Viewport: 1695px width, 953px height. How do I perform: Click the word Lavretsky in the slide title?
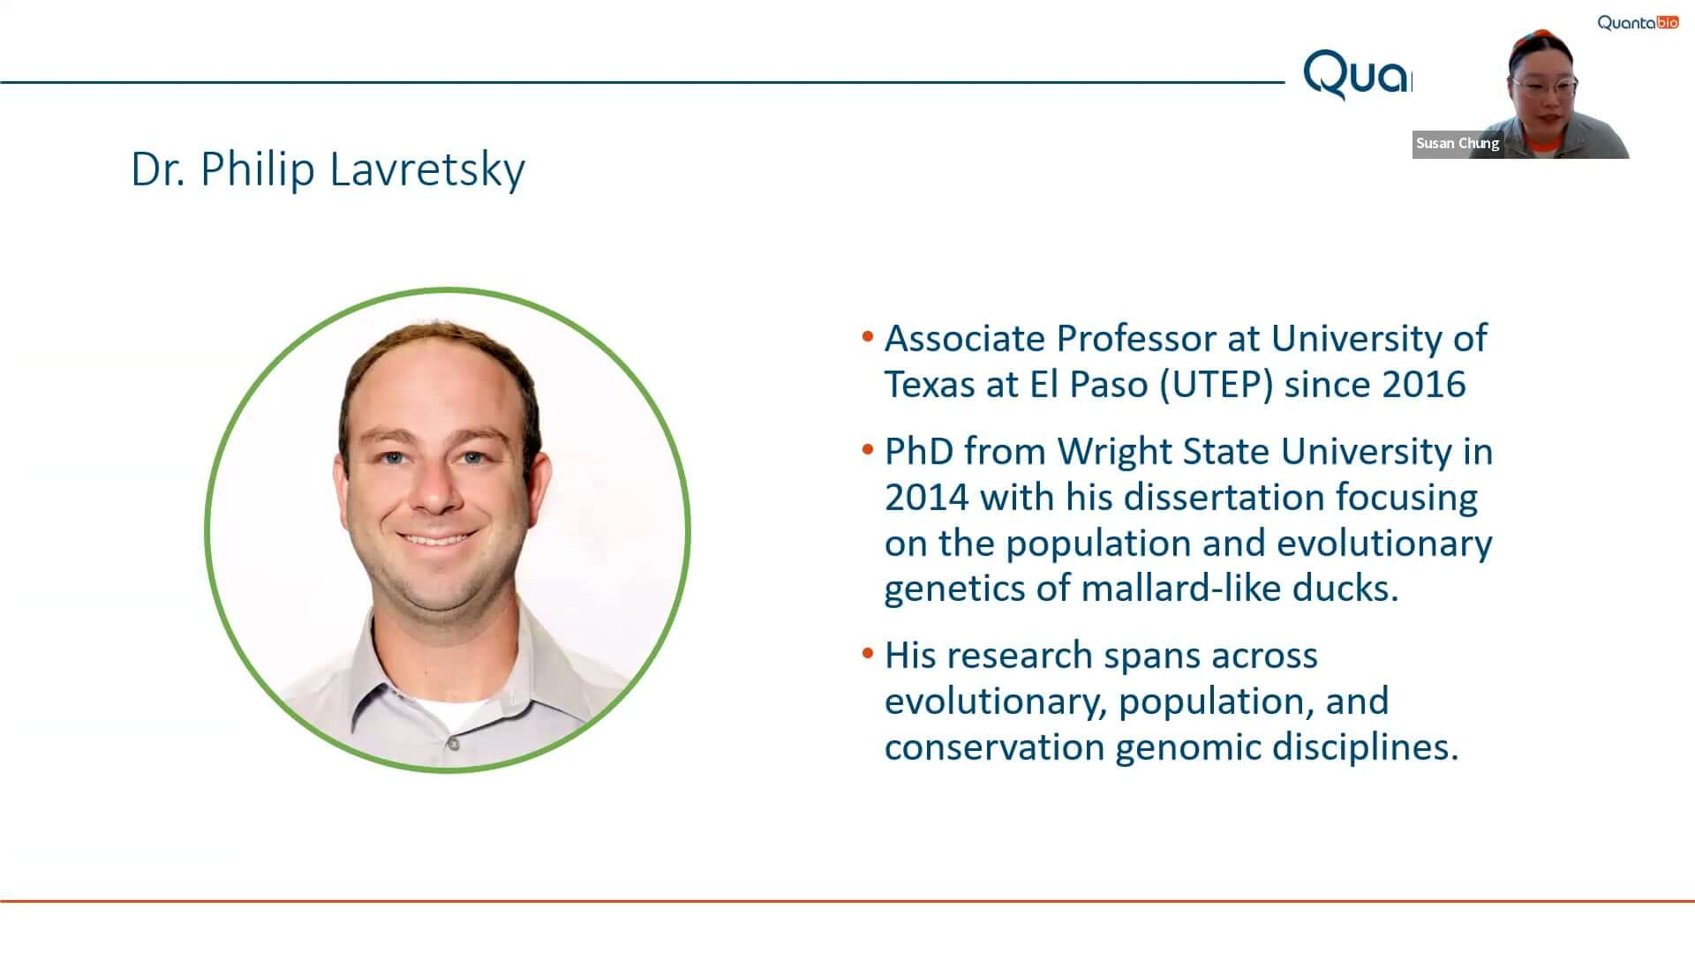point(427,169)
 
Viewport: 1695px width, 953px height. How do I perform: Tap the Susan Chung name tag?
point(1458,143)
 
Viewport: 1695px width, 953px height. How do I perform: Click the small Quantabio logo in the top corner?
point(1638,22)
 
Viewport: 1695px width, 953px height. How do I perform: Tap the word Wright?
point(1114,451)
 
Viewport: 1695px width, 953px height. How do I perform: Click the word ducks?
point(1345,588)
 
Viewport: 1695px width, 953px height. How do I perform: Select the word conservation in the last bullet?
point(994,747)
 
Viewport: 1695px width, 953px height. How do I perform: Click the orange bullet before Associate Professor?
point(868,336)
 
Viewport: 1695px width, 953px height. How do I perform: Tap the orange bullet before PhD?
point(868,449)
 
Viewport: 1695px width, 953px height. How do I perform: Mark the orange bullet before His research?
point(868,653)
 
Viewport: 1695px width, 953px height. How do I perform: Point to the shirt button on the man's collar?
point(453,745)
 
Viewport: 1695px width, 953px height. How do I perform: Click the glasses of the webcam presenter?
point(1544,86)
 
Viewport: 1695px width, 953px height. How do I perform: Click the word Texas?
point(930,385)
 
